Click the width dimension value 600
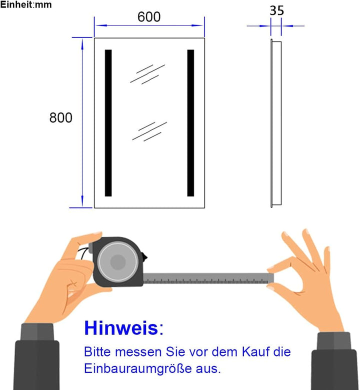coord(149,16)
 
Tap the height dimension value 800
coord(61,118)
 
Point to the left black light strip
coord(108,122)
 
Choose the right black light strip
coord(190,122)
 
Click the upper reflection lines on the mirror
coord(148,73)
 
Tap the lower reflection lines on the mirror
coord(149,131)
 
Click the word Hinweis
coord(120,328)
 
